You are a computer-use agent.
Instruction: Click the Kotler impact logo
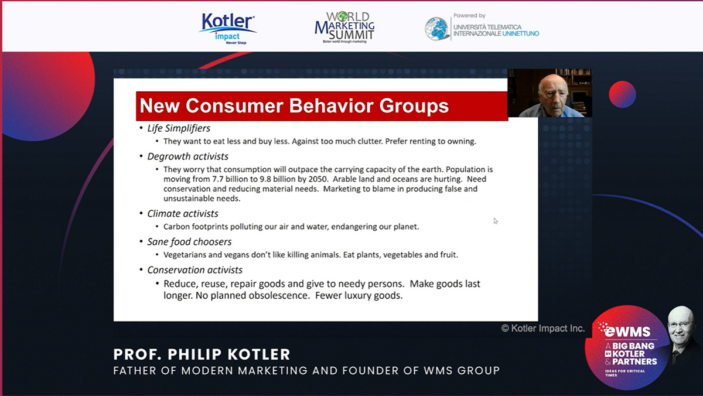pos(227,29)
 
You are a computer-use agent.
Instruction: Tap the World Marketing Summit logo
pos(344,28)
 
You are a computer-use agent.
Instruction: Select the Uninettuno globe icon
pos(436,29)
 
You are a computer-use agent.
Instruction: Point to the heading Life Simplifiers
pos(179,128)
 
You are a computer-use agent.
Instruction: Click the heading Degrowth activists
pos(187,156)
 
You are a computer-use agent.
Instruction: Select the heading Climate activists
pos(183,214)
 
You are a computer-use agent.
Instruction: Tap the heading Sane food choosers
pos(189,242)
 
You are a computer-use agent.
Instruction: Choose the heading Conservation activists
pos(194,270)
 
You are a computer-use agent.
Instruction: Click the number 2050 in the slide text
pos(318,179)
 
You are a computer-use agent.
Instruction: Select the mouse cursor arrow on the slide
pos(495,221)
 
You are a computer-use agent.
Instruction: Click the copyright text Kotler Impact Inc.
pos(543,328)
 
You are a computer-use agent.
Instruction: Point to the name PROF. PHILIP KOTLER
pos(202,354)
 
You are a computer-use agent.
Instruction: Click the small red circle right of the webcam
pos(622,94)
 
